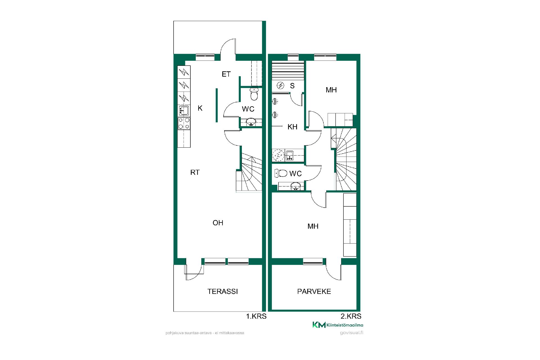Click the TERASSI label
pyautogui.click(x=222, y=291)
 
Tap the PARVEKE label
pyautogui.click(x=314, y=291)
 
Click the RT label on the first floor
pyautogui.click(x=195, y=172)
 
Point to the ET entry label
pyautogui.click(x=226, y=74)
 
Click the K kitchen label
pyautogui.click(x=200, y=108)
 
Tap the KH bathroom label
pyautogui.click(x=292, y=127)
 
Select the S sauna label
pyautogui.click(x=292, y=86)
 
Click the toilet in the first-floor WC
pyautogui.click(x=254, y=94)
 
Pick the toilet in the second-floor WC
pyautogui.click(x=281, y=173)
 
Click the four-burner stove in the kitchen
pyautogui.click(x=184, y=123)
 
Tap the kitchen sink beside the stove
pyautogui.click(x=184, y=111)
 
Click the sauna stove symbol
pyautogui.click(x=280, y=85)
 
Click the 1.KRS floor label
pyautogui.click(x=256, y=316)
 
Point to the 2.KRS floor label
pyautogui.click(x=351, y=316)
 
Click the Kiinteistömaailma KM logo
pyautogui.click(x=338, y=325)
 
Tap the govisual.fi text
pyautogui.click(x=352, y=333)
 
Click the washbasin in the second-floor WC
pyautogui.click(x=295, y=186)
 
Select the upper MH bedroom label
pyautogui.click(x=331, y=90)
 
